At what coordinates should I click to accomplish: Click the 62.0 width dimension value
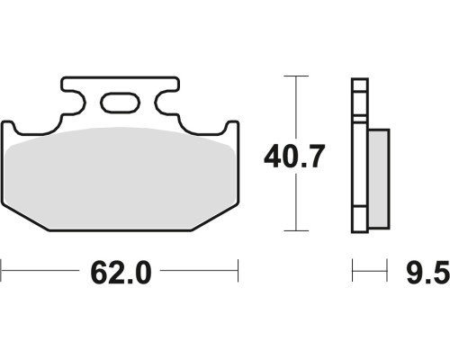(x=121, y=273)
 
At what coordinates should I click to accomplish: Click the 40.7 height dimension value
(x=294, y=157)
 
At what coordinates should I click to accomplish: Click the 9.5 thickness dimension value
(x=428, y=273)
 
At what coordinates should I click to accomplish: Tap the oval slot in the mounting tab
(x=121, y=103)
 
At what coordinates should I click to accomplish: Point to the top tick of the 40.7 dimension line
(x=296, y=76)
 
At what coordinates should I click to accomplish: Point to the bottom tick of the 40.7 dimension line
(x=296, y=230)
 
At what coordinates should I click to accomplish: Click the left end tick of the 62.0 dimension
(x=1, y=271)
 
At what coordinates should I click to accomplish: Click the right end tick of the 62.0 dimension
(x=238, y=271)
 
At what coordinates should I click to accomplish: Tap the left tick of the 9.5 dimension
(x=353, y=271)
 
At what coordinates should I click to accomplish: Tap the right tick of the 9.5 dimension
(x=387, y=271)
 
